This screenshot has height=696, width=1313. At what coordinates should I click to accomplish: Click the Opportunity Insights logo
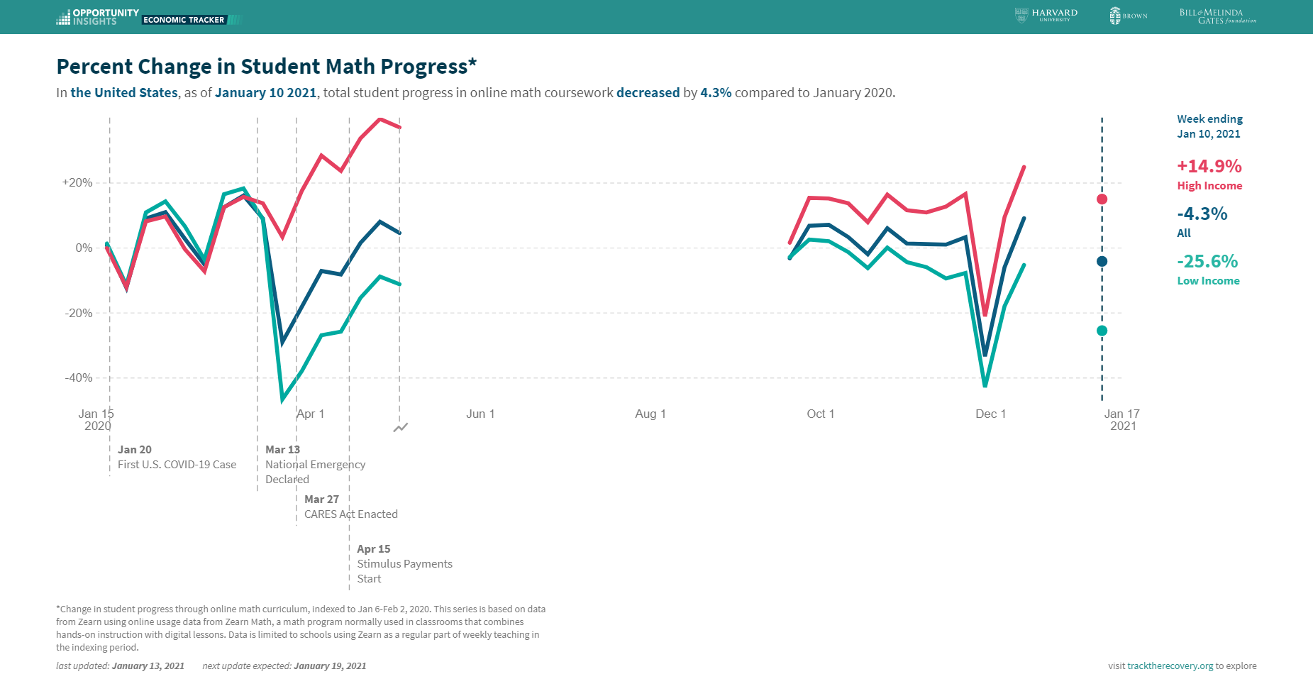tap(97, 17)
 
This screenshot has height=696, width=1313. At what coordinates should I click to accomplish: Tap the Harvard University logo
tap(1046, 15)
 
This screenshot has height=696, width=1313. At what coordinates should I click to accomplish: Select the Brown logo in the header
tap(1128, 16)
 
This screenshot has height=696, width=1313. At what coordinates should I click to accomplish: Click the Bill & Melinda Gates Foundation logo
tap(1217, 16)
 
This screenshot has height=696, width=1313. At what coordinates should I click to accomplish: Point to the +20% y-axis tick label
tap(77, 182)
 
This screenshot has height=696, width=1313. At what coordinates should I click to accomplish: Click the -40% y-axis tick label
tap(78, 377)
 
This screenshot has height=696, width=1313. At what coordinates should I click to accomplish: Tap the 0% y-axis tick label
tap(84, 248)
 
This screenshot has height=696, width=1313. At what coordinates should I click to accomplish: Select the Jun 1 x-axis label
tap(480, 414)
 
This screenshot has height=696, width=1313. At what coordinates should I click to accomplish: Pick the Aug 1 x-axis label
tap(650, 414)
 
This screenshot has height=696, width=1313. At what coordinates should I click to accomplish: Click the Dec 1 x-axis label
tap(990, 414)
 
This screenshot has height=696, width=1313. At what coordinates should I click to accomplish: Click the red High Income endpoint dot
tap(1102, 199)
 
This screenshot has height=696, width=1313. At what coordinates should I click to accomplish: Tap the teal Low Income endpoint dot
tap(1102, 331)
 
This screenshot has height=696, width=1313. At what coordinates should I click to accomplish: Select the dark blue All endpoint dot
tap(1102, 261)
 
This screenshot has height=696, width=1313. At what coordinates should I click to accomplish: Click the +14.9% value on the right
tap(1209, 166)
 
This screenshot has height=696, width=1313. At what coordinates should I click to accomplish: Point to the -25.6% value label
tap(1207, 261)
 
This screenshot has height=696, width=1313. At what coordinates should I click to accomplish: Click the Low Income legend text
tap(1208, 280)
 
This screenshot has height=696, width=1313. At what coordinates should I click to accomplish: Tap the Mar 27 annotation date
tap(321, 499)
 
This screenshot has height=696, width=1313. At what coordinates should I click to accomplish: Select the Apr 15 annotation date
tap(373, 549)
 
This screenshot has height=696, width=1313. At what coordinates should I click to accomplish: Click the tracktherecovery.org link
tap(1170, 665)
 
